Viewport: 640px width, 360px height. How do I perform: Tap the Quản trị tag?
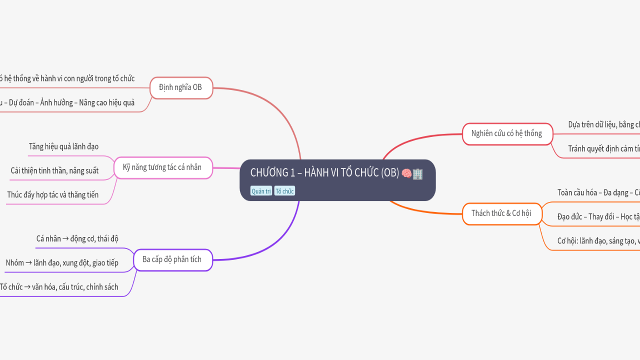pos(261,191)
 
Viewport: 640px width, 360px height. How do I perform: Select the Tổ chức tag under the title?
pos(284,191)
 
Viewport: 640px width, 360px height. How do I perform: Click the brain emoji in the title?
pos(406,173)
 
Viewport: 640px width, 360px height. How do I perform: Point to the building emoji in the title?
pos(417,173)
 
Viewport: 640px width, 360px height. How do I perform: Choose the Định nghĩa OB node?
pos(180,87)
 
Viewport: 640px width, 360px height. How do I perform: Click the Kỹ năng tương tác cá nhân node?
pos(162,167)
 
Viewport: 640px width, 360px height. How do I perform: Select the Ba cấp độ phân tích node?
pos(172,259)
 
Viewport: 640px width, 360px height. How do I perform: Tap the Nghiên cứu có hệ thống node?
pos(506,133)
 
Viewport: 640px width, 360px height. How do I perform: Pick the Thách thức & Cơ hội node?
pos(501,213)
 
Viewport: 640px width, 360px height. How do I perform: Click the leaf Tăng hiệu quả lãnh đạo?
pos(63,146)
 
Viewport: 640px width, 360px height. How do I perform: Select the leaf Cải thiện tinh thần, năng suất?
pos(54,170)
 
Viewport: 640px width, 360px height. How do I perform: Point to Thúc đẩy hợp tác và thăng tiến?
pos(53,194)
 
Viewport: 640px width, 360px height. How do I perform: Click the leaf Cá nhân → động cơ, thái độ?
pos(77,238)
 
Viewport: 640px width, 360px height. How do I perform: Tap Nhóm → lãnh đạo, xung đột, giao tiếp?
pos(62,262)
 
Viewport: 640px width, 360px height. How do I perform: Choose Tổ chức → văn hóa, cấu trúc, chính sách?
pos(59,286)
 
